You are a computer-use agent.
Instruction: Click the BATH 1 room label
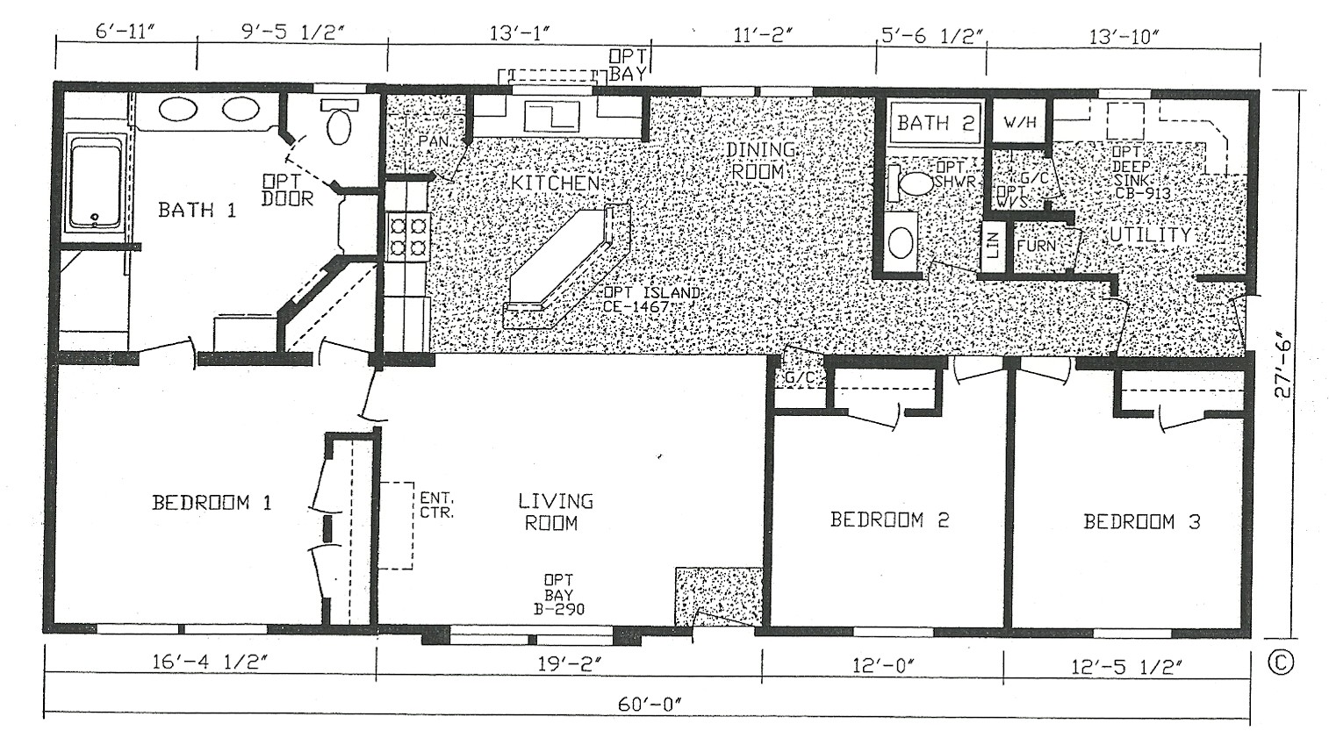click(197, 210)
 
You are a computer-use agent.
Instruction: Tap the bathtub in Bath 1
click(95, 184)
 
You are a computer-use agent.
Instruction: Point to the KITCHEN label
click(556, 183)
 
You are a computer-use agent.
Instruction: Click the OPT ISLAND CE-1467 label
click(650, 299)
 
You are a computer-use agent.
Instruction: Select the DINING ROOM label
click(760, 161)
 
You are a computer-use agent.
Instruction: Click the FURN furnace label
click(1037, 246)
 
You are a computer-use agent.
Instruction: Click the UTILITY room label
click(1150, 235)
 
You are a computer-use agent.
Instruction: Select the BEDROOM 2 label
click(889, 520)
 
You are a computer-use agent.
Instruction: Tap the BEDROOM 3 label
click(1141, 522)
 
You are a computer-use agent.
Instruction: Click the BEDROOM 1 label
click(212, 503)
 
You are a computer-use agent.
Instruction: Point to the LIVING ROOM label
click(555, 512)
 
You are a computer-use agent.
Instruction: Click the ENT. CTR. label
click(436, 505)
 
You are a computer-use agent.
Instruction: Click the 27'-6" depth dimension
click(1283, 364)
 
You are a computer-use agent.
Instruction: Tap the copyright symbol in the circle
click(1280, 662)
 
